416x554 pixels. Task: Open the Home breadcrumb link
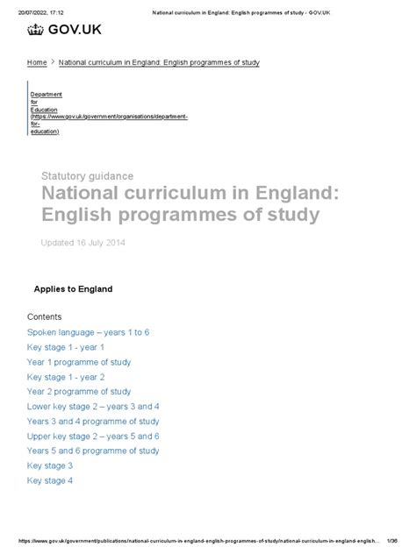(37, 64)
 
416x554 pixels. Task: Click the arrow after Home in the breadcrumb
(53, 64)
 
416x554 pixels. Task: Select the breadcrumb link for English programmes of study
(158, 64)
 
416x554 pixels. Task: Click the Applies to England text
(73, 288)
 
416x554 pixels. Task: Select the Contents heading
(44, 316)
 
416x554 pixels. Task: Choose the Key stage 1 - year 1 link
(65, 347)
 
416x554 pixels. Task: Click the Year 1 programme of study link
(79, 362)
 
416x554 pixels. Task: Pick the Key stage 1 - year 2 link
(65, 377)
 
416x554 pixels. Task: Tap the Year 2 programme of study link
(79, 392)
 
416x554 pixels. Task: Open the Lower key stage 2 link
(93, 407)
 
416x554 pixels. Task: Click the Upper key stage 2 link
(93, 437)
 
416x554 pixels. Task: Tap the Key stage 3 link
(50, 465)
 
